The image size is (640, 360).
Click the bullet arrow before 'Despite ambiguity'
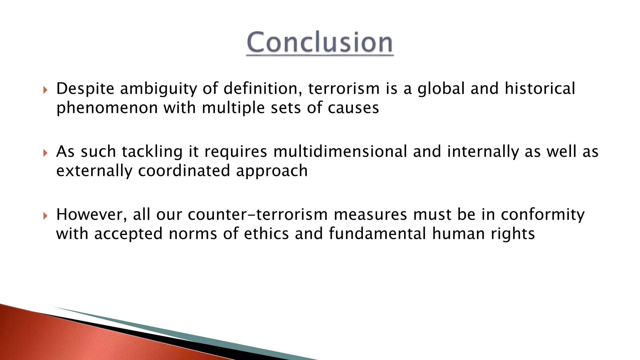click(45, 90)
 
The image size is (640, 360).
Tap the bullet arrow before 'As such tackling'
click(45, 153)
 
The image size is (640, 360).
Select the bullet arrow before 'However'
click(45, 216)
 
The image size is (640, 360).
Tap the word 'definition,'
click(262, 89)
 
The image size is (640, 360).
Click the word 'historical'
click(540, 89)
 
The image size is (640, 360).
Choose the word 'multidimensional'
click(340, 152)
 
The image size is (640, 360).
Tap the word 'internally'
click(483, 152)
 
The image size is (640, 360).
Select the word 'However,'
click(92, 215)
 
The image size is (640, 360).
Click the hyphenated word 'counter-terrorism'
click(258, 215)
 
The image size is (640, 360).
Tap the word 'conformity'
click(542, 215)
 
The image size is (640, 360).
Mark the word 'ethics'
click(266, 234)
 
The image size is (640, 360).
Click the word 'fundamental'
click(377, 234)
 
